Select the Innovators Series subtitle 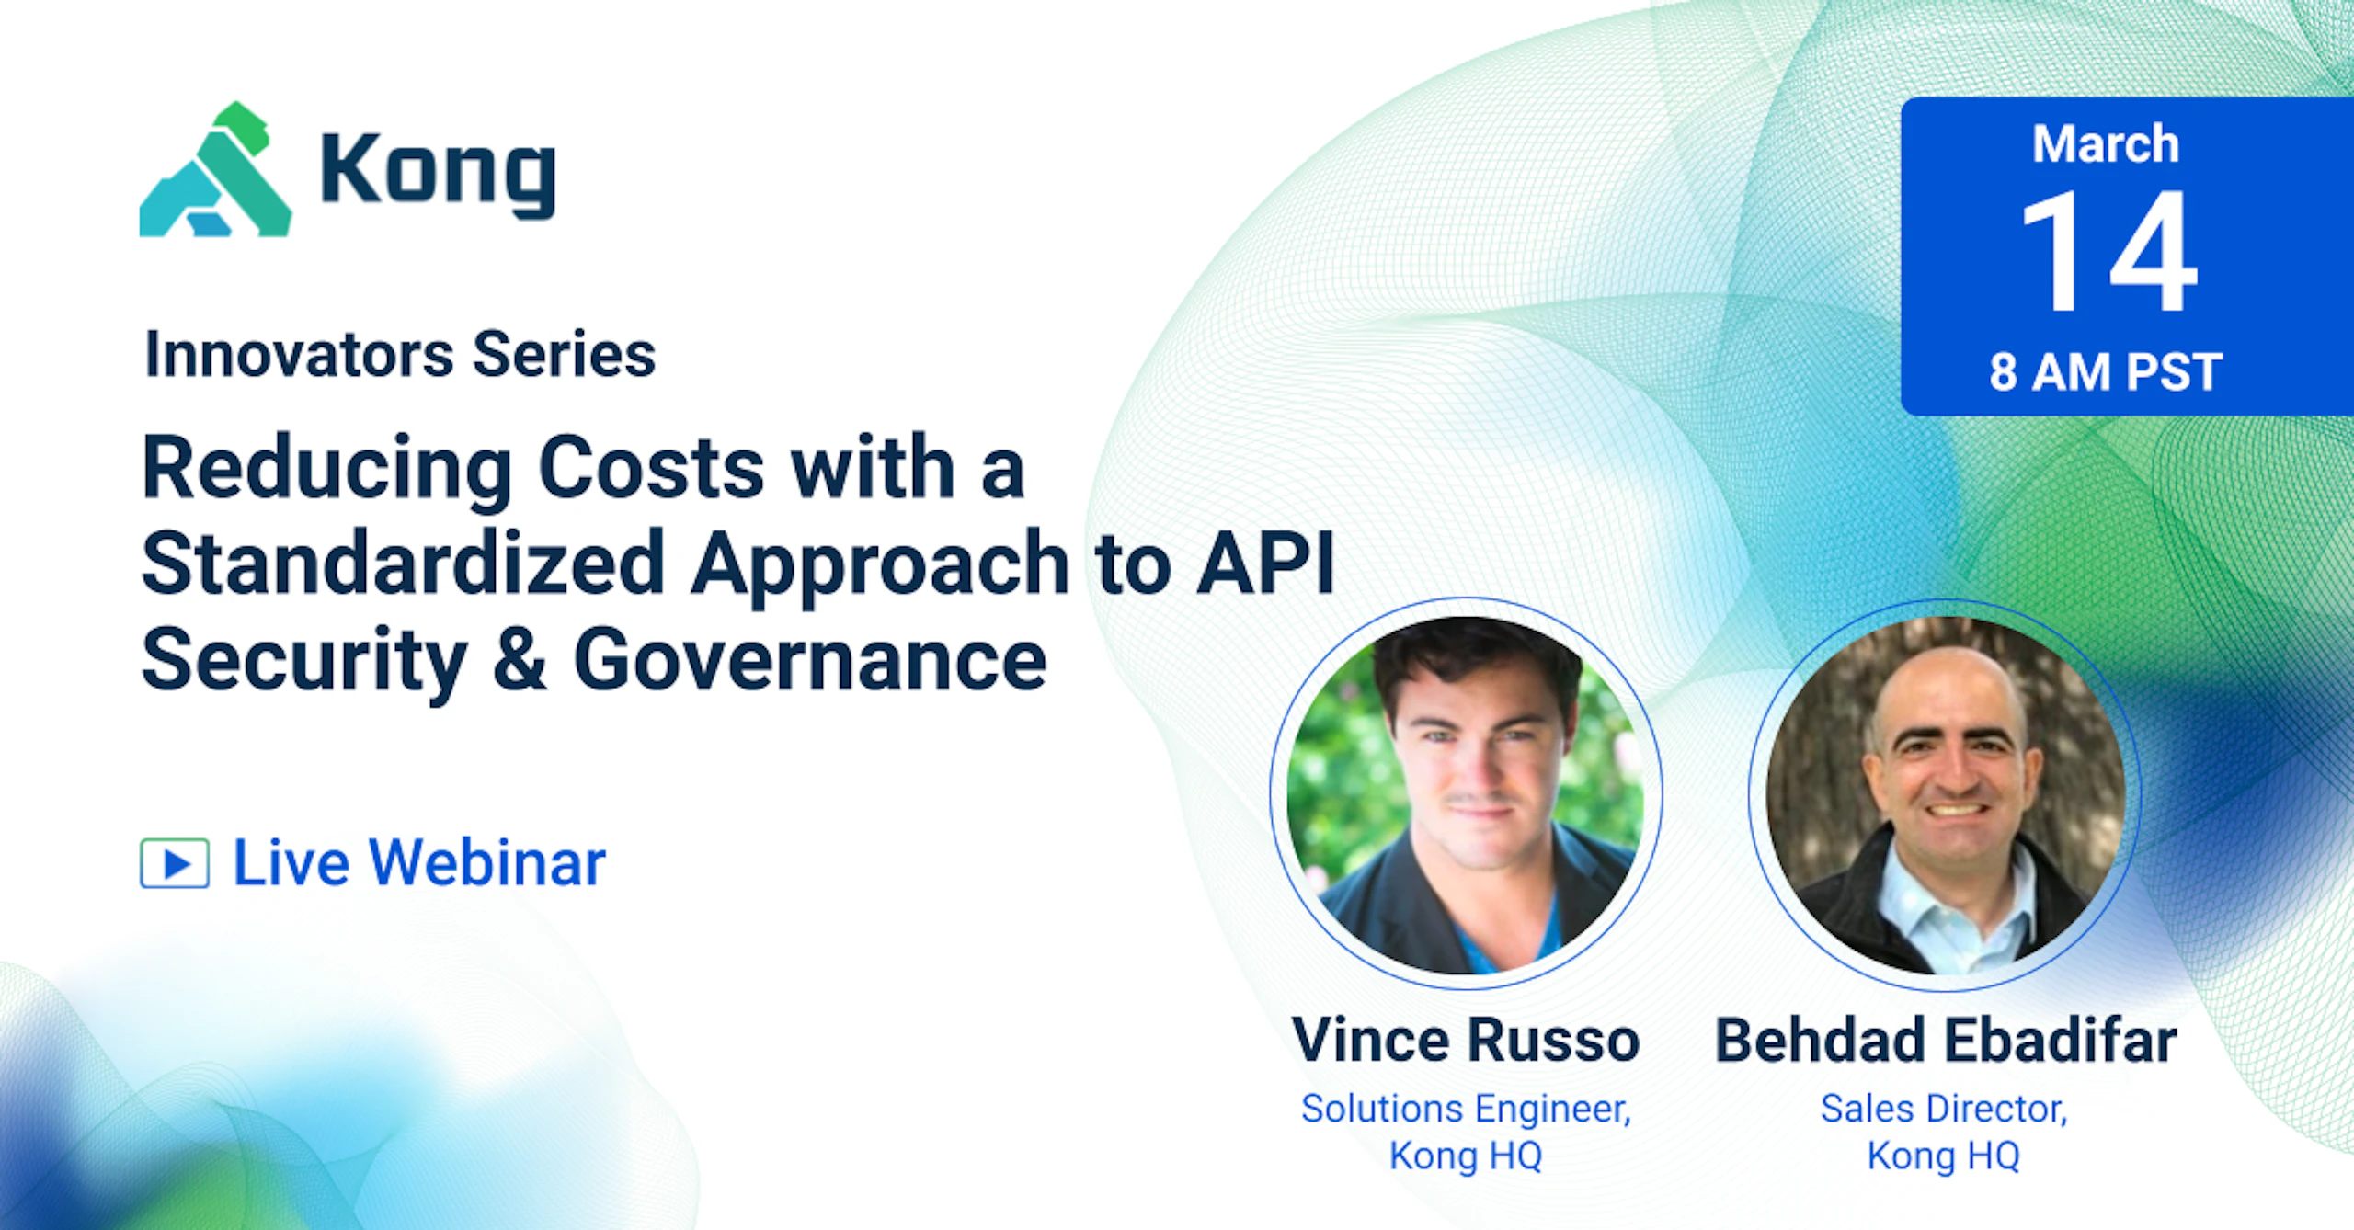[x=400, y=355]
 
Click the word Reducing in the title [x=326, y=470]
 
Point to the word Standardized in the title [x=403, y=564]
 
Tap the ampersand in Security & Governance [x=520, y=658]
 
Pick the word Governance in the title [x=810, y=660]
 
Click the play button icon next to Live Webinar [x=175, y=863]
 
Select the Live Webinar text [x=419, y=863]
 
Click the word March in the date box [x=2106, y=144]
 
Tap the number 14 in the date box [x=2108, y=251]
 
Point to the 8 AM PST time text [x=2106, y=372]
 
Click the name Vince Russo [x=1466, y=1041]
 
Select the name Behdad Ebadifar [x=1946, y=1041]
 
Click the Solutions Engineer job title [x=1466, y=1110]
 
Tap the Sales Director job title [x=1945, y=1109]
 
